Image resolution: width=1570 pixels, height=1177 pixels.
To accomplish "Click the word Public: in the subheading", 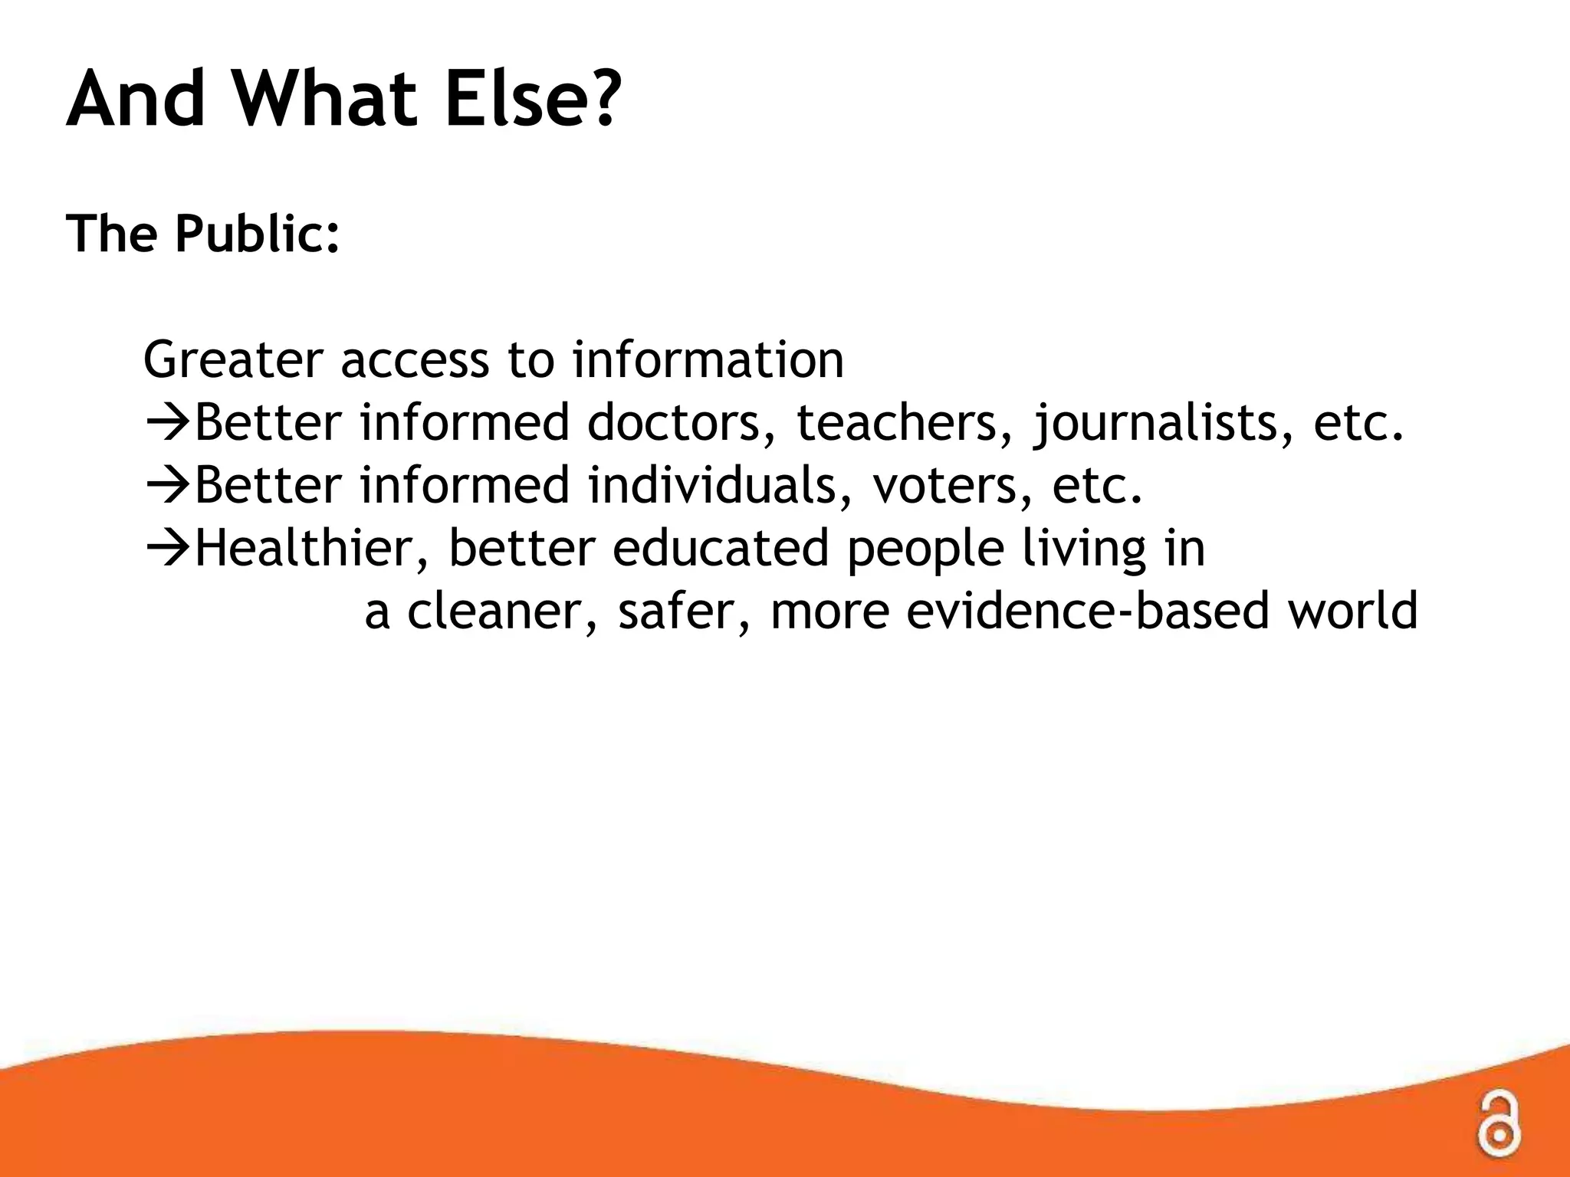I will (258, 233).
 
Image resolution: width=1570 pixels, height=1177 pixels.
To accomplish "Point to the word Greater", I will (229, 360).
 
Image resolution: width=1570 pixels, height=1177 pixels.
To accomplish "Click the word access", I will (415, 360).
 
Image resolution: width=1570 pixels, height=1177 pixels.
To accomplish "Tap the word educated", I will (721, 549).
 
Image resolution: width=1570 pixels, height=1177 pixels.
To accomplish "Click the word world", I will (1353, 611).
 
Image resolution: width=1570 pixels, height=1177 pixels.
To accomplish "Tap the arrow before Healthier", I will (168, 549).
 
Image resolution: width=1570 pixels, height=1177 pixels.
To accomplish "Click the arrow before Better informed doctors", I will (168, 423).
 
